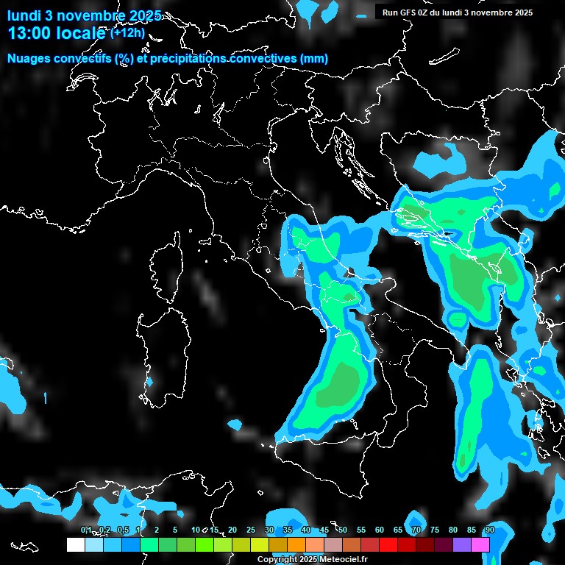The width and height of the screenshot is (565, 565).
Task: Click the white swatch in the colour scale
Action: click(75, 544)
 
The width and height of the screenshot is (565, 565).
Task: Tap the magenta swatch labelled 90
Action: click(481, 544)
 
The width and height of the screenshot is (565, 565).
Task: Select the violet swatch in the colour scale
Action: click(462, 544)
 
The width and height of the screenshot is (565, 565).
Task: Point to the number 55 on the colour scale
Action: click(360, 530)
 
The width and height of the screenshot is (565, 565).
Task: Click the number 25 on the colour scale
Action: click(250, 530)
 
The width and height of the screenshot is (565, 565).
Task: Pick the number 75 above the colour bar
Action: click(435, 530)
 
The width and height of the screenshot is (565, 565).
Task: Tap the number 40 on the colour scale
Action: click(305, 530)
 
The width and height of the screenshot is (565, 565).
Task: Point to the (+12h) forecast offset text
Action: click(127, 33)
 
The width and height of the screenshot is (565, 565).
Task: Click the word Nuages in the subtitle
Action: click(29, 59)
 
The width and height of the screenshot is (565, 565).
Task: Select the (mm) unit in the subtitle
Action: click(314, 59)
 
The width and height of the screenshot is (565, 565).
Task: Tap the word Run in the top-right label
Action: click(391, 13)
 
